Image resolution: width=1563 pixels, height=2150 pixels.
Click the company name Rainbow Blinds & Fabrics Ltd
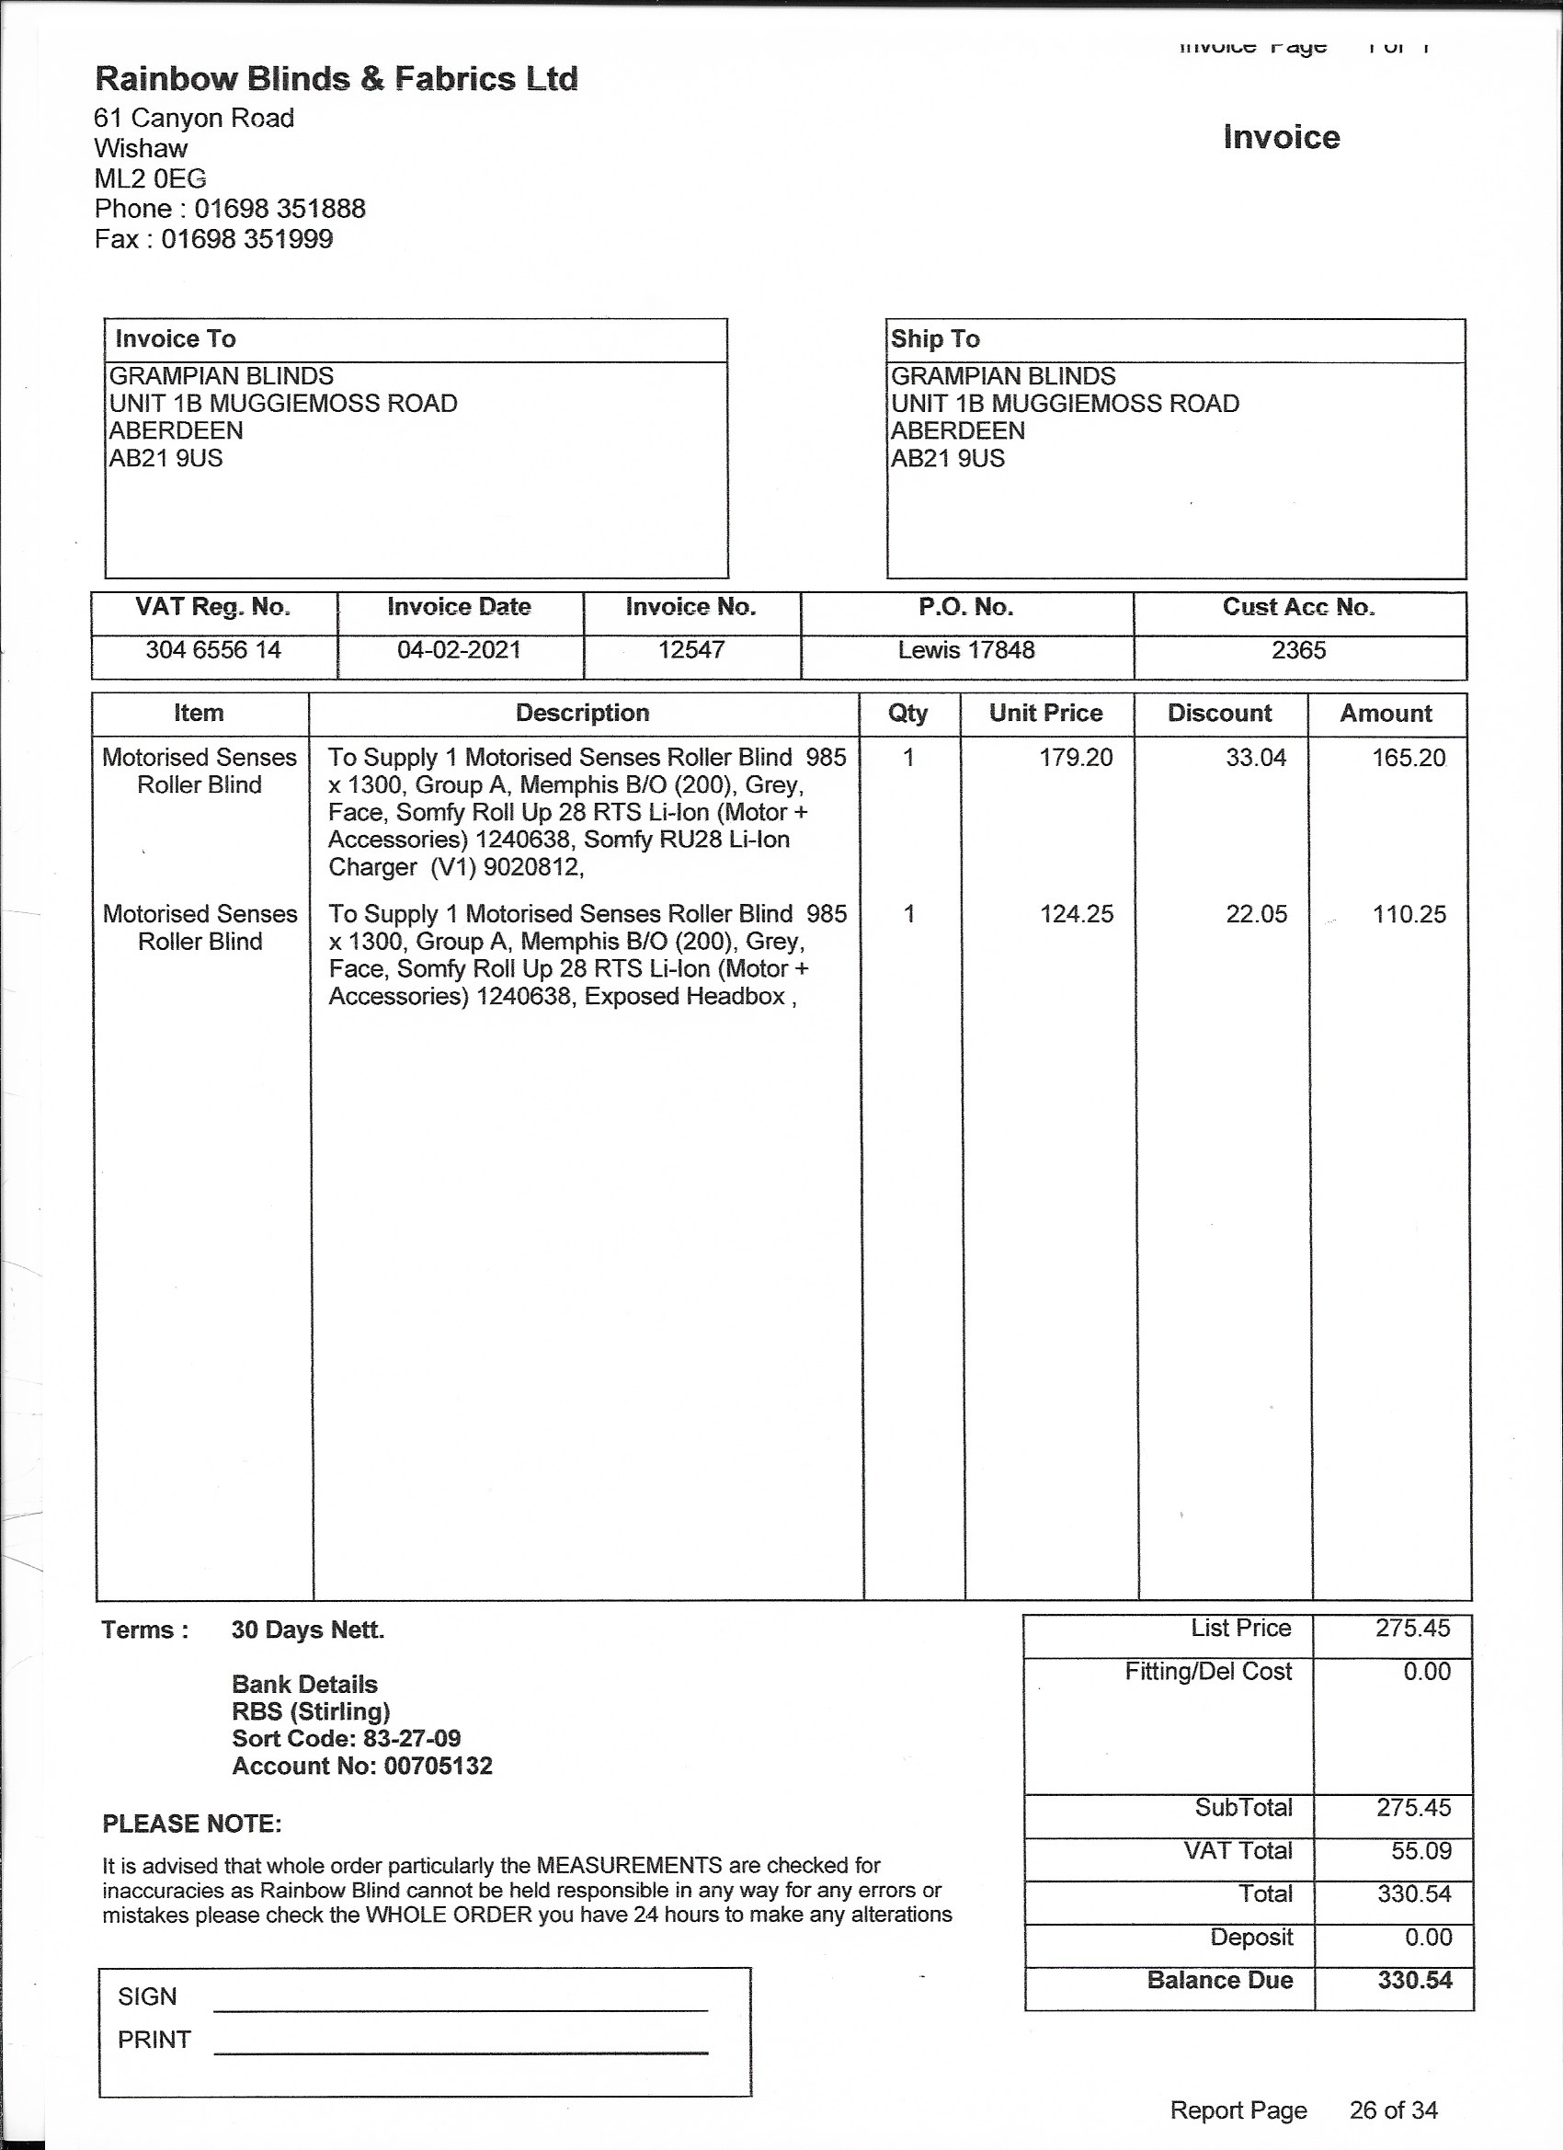click(337, 79)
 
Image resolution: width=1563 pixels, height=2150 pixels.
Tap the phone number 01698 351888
click(280, 209)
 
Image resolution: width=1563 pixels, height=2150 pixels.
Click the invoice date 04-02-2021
click(459, 650)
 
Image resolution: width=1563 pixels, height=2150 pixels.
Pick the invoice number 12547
click(691, 650)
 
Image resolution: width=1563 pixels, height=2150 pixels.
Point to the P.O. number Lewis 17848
click(966, 650)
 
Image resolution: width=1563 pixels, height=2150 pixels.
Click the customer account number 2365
click(1298, 650)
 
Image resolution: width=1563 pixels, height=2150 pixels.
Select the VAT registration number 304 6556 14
click(213, 650)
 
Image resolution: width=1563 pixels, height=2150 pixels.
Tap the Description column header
click(582, 713)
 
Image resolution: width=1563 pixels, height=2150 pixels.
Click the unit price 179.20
click(1076, 758)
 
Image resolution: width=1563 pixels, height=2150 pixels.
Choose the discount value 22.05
click(1256, 914)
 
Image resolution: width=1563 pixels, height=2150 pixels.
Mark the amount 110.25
click(1409, 914)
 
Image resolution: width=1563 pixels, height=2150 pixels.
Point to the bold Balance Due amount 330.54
click(1414, 1980)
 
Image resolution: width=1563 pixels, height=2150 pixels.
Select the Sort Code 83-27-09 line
click(346, 1738)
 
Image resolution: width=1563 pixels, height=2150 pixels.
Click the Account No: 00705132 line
click(362, 1765)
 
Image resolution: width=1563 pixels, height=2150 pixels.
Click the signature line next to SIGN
click(461, 2008)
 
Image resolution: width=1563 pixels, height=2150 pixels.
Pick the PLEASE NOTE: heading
click(191, 1824)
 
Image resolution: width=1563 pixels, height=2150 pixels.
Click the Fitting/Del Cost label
click(1207, 1671)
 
